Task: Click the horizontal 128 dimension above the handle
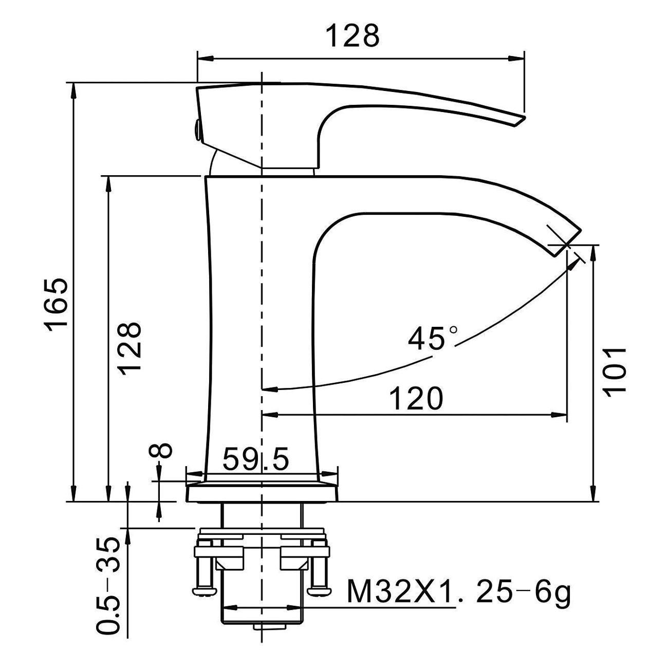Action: [x=353, y=35]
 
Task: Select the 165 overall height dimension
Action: [x=55, y=305]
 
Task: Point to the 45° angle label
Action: [x=433, y=338]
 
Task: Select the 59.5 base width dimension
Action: [x=255, y=459]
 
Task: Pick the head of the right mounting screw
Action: [x=319, y=591]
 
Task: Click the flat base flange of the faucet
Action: [x=262, y=493]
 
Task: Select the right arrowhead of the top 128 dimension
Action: [x=516, y=58]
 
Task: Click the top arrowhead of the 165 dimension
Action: [x=73, y=91]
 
